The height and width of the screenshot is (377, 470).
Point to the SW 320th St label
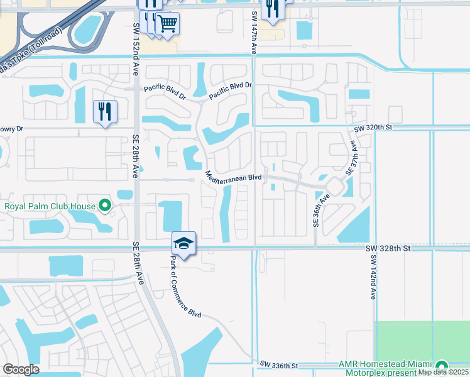[x=373, y=128]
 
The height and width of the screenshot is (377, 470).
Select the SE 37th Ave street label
[x=352, y=157]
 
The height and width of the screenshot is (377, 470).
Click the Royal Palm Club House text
[x=50, y=205]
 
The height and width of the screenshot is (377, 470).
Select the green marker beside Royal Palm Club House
[x=105, y=205]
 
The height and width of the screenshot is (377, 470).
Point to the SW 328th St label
[x=388, y=249]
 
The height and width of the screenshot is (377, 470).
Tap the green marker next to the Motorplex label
[x=442, y=366]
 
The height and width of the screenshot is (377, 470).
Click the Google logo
[x=21, y=369]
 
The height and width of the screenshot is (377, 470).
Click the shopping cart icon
[x=167, y=24]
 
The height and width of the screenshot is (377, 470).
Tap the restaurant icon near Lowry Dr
[x=105, y=112]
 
